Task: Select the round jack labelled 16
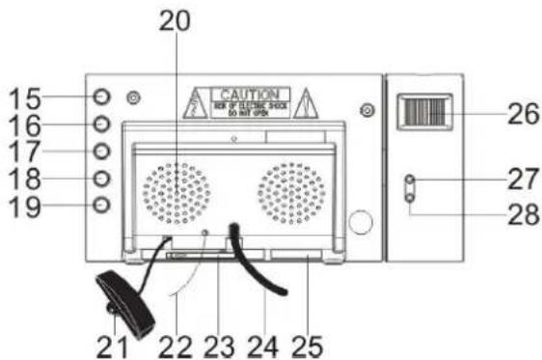pos(102,124)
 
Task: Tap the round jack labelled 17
pos(102,151)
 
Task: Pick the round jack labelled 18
pos(102,178)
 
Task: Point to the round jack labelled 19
pos(102,205)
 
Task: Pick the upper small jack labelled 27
pos(410,180)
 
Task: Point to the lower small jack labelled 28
pos(410,198)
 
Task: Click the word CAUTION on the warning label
pos(249,94)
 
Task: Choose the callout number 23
pos(218,342)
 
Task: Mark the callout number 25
pos(309,342)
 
